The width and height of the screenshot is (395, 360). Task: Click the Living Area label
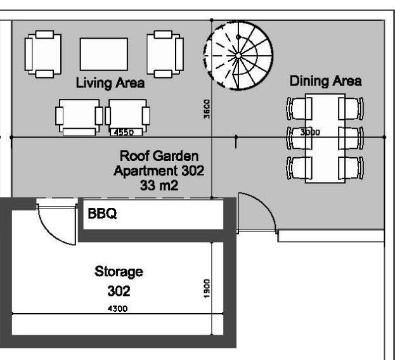tap(110, 83)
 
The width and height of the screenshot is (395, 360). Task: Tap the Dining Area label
tap(326, 81)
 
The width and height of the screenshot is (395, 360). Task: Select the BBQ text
tap(102, 214)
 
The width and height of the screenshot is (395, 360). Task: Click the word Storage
tap(119, 272)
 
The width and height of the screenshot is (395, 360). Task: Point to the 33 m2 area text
tap(159, 186)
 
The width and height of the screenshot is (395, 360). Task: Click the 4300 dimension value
tap(117, 309)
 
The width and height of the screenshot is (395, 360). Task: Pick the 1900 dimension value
tap(207, 288)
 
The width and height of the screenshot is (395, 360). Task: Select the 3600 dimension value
tap(207, 109)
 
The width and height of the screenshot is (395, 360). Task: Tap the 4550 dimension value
tap(124, 132)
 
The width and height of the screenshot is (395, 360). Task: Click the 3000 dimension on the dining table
tap(310, 132)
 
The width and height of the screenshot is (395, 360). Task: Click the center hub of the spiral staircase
tap(238, 55)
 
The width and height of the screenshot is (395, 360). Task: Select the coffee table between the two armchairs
tap(104, 54)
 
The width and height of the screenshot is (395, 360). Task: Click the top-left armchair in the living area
tap(43, 54)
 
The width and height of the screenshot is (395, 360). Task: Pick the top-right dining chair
tap(351, 108)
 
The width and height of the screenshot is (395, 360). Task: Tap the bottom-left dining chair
tap(299, 168)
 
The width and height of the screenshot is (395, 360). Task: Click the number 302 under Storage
tap(119, 291)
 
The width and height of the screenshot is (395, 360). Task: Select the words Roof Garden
tap(159, 156)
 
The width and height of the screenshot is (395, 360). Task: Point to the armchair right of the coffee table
tap(165, 54)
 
